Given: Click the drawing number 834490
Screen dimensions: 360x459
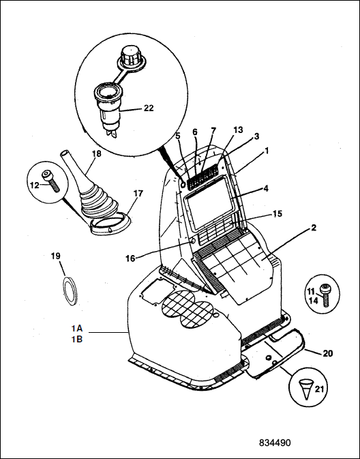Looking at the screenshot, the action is click(x=275, y=443).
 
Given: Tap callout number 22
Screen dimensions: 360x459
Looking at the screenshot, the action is click(x=149, y=108).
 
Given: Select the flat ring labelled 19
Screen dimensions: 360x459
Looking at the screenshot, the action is click(x=70, y=291).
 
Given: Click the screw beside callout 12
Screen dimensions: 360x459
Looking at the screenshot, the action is click(x=50, y=181).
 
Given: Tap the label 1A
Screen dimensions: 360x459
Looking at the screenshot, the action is click(x=77, y=329).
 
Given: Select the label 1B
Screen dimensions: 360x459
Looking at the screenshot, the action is click(x=77, y=339).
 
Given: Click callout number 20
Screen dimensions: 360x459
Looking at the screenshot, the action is click(x=328, y=353).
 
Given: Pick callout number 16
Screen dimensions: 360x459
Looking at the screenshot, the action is click(x=130, y=258).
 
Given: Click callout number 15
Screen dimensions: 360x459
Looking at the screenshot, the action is click(x=277, y=213).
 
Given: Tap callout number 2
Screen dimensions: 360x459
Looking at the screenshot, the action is click(x=314, y=227).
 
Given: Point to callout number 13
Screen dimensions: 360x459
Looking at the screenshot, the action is click(x=238, y=130).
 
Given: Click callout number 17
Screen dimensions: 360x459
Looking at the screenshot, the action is click(x=138, y=194).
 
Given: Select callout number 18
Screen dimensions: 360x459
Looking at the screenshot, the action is click(x=97, y=153).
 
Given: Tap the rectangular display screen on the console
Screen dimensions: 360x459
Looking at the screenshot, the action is click(x=210, y=203).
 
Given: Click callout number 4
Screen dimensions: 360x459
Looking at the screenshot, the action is click(x=266, y=188).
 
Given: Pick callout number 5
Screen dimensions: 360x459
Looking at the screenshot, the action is click(x=178, y=136).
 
